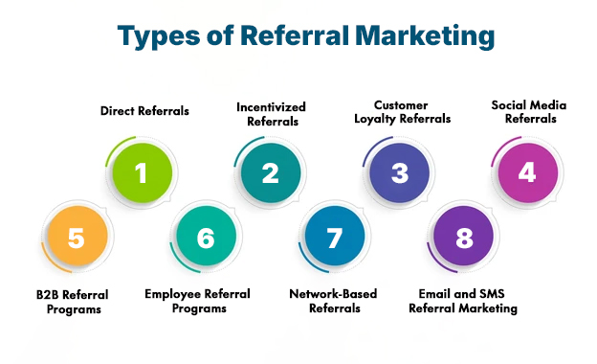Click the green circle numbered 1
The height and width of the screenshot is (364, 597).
point(142,173)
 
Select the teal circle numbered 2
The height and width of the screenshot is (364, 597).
point(271,173)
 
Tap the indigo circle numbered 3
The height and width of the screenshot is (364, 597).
point(400,173)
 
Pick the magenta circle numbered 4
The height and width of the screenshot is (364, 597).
point(526,173)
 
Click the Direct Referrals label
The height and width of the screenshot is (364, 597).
point(144,111)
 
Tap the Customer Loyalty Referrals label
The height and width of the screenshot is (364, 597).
point(400,112)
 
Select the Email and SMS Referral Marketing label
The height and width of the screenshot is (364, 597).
point(463,302)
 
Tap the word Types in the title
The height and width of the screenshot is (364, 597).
point(156,37)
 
